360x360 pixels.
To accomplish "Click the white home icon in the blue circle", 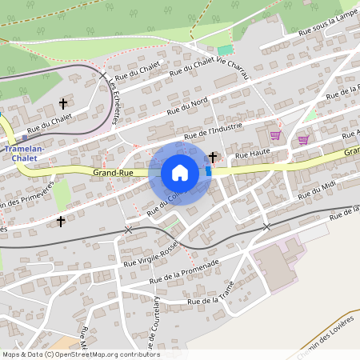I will [180, 173].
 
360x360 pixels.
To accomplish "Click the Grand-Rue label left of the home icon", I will [113, 172].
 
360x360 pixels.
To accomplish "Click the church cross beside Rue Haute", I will [213, 157].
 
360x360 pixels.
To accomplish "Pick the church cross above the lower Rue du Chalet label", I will [63, 104].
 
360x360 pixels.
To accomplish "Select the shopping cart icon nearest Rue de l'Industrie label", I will [275, 136].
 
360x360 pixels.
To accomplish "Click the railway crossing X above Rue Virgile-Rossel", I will [129, 230].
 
